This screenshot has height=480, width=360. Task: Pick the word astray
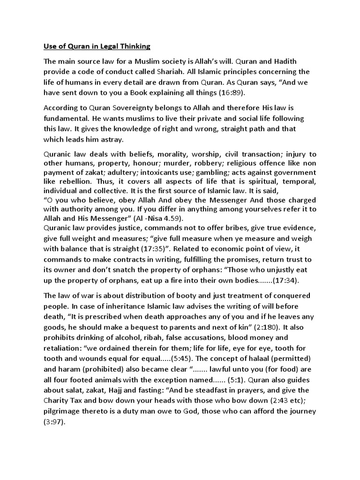125,139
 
